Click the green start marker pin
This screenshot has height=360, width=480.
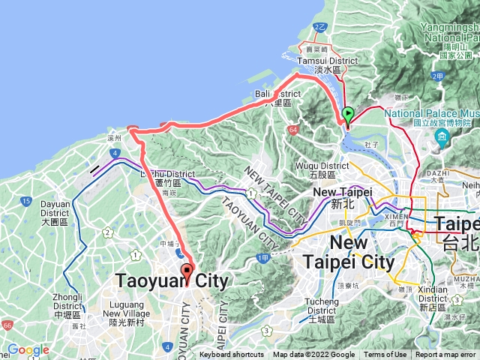pyautogui.click(x=348, y=115)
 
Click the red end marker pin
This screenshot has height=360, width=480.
pyautogui.click(x=187, y=271)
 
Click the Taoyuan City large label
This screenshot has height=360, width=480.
pyautogui.click(x=171, y=280)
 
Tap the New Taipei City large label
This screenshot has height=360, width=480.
pyautogui.click(x=349, y=253)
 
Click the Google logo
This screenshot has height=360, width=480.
pyautogui.click(x=28, y=350)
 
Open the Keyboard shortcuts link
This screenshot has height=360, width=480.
pyautogui.click(x=232, y=355)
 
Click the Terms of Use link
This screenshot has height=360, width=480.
pyautogui.click(x=385, y=355)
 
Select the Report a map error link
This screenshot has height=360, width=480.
pyautogui.click(x=446, y=355)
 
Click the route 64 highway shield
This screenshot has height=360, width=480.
pyautogui.click(x=290, y=130)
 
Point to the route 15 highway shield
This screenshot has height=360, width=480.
pyautogui.click(x=26, y=201)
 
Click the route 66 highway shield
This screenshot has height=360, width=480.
pyautogui.click(x=7, y=325)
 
